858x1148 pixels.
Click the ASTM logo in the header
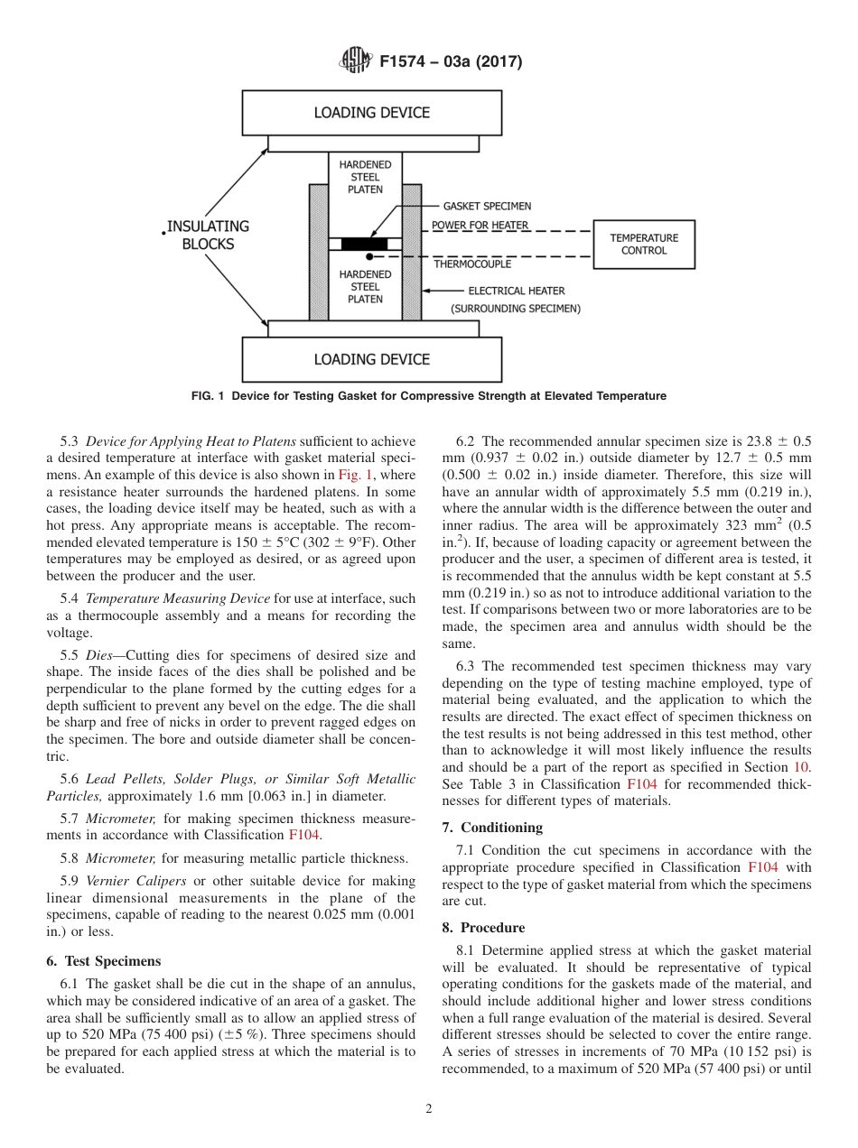(355, 61)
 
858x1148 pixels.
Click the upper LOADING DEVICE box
(371, 113)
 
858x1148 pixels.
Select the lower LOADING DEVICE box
(371, 359)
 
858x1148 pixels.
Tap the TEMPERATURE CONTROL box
(644, 245)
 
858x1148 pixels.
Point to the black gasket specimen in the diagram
(364, 244)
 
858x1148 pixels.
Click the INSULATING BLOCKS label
(207, 235)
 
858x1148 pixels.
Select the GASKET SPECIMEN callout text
(487, 206)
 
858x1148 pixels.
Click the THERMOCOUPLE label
(471, 264)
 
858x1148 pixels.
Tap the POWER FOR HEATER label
(480, 225)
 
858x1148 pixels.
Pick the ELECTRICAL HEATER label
(516, 291)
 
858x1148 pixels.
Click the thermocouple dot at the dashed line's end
(369, 257)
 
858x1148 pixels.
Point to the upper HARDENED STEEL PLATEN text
(365, 177)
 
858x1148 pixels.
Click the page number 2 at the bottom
(429, 1109)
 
